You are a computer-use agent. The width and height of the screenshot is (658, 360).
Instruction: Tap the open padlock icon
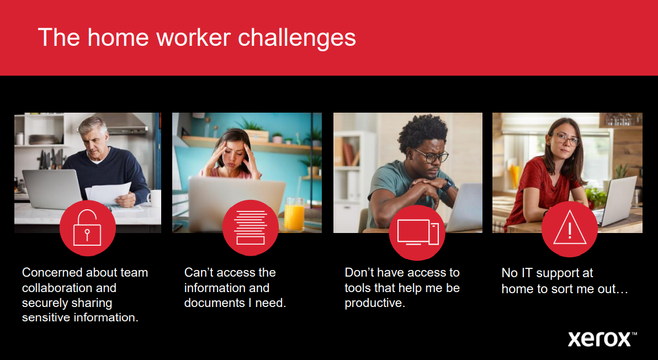[x=87, y=228]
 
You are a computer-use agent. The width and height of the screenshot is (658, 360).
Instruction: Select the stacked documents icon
[x=251, y=227]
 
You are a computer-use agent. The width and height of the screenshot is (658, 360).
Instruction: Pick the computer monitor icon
[x=418, y=232]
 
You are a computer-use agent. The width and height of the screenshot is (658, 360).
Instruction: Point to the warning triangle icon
[x=570, y=228]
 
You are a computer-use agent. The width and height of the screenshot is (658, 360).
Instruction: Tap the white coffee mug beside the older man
[x=155, y=198]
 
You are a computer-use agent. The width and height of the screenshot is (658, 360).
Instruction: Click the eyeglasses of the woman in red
[x=566, y=139]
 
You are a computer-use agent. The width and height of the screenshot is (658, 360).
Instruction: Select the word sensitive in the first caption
[x=46, y=317]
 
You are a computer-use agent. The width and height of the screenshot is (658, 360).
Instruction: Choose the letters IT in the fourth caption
[x=527, y=273]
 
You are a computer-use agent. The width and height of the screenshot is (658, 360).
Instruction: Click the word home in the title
[x=118, y=38]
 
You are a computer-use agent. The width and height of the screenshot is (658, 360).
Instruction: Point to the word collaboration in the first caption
[x=69, y=288]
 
